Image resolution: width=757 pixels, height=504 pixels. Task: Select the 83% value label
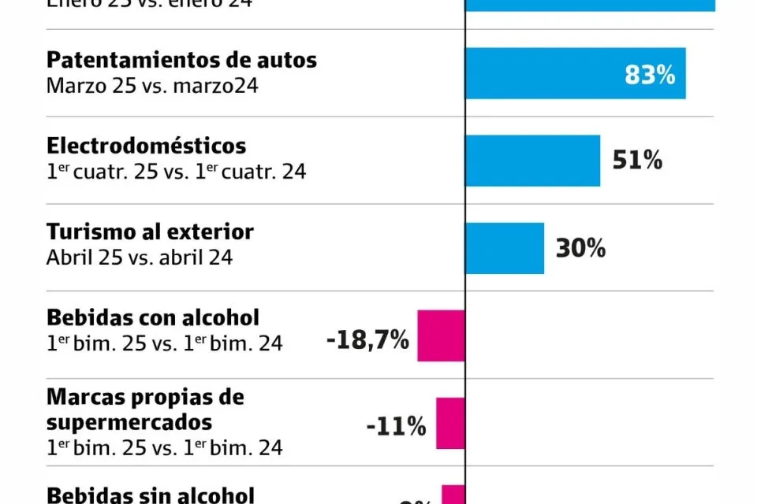coord(650,75)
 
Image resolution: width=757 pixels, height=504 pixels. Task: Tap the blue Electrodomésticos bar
coord(532,161)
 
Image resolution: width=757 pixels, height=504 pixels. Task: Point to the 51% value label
coord(637,161)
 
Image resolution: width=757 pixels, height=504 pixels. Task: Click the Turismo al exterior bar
coord(505,248)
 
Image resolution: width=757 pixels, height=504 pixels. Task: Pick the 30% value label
coord(580,248)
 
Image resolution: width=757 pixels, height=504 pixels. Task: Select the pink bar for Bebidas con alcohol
coord(441,335)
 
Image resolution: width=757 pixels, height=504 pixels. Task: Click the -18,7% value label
coord(367,340)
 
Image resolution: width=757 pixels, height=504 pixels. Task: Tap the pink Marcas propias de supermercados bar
coord(450,423)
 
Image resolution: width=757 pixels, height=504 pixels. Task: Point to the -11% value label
coord(396,427)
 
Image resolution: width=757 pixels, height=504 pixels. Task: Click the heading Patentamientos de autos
coord(181,60)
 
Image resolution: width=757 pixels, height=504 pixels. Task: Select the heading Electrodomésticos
coord(146,146)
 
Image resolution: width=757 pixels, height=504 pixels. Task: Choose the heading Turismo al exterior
coord(150,232)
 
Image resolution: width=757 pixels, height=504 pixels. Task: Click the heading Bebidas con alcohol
coord(153,317)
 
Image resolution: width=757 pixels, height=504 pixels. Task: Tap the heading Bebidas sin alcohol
coord(150,495)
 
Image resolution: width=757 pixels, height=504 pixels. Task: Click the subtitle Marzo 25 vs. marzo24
coord(152,84)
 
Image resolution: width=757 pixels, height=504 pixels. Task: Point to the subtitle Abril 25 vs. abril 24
coord(140,258)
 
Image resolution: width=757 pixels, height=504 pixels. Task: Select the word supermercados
coord(129,421)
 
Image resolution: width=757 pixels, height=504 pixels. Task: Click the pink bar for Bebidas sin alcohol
coord(453,495)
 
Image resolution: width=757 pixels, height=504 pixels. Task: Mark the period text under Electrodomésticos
coord(176,171)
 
